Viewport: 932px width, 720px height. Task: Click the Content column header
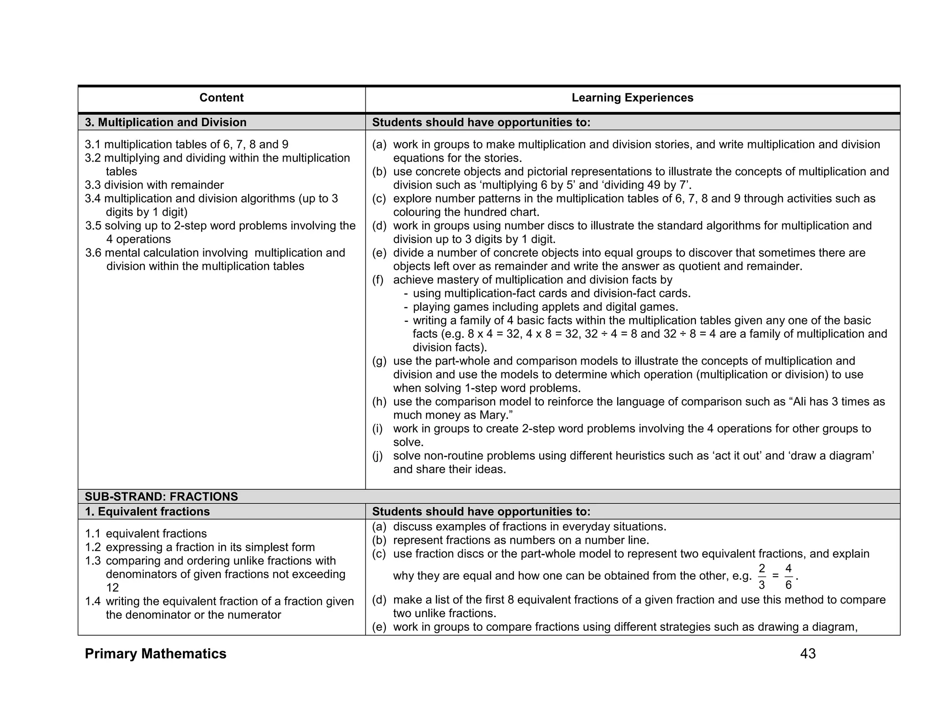(x=221, y=98)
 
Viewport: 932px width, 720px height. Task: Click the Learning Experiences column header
(x=632, y=98)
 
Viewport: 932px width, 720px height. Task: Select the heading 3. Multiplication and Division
(x=166, y=122)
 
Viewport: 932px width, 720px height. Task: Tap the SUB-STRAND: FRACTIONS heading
(x=161, y=497)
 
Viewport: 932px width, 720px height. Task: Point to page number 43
(x=808, y=654)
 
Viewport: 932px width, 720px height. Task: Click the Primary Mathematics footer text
(x=155, y=654)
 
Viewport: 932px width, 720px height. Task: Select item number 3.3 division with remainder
(x=154, y=185)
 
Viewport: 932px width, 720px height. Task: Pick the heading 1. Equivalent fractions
(x=147, y=512)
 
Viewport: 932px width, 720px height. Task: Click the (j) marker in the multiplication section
(x=378, y=456)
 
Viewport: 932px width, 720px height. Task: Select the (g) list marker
(x=379, y=361)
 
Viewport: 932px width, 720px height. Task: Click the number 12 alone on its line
(x=112, y=588)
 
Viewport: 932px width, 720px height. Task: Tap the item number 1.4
(x=92, y=602)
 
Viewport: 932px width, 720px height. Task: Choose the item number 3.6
(x=93, y=253)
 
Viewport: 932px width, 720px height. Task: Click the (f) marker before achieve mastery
(x=378, y=280)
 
